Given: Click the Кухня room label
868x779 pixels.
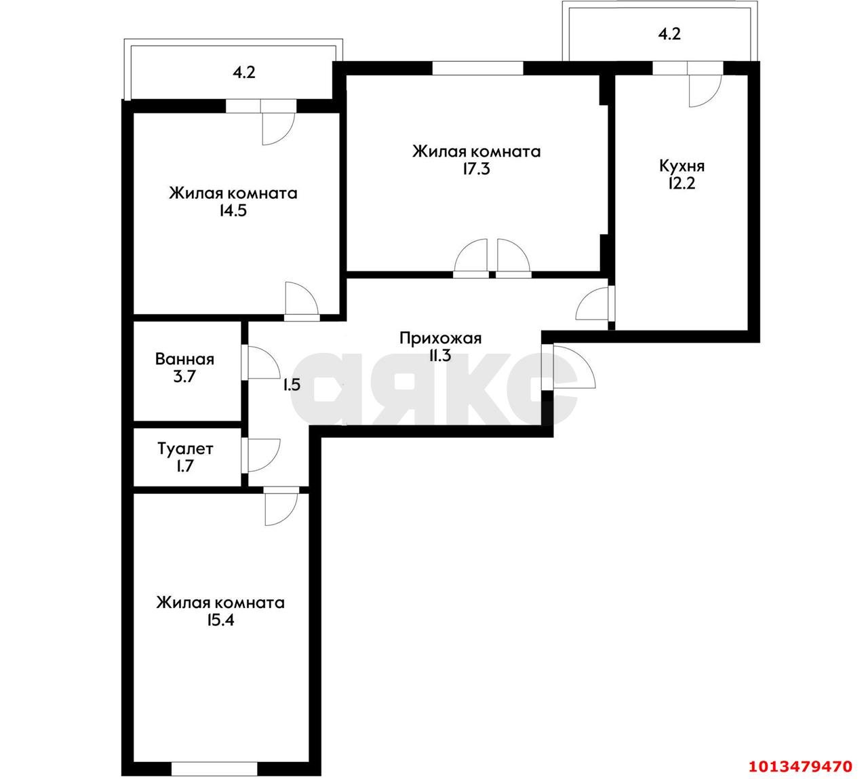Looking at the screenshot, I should tap(682, 166).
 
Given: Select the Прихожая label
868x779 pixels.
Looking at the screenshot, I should tap(440, 338).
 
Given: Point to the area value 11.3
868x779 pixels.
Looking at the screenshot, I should tap(440, 356).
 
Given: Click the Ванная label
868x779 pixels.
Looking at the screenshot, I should tap(184, 360).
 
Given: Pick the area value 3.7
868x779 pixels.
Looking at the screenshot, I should tap(184, 377).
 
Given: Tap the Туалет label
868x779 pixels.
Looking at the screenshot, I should tap(185, 449).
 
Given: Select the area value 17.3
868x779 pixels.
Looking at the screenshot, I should tap(476, 169).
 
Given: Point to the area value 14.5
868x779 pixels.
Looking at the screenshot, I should tap(233, 211).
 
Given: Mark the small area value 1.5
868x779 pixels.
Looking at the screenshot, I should tap(292, 385).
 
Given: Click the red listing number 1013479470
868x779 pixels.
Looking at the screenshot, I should tap(799, 766).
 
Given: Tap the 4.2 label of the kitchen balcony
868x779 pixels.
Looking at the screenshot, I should tap(669, 35).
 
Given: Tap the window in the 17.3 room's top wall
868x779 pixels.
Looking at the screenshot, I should tap(477, 67).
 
